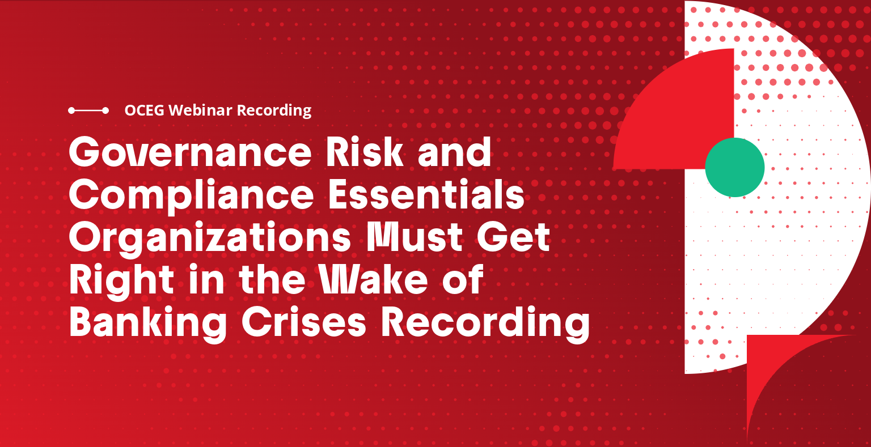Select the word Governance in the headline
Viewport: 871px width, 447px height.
pos(189,152)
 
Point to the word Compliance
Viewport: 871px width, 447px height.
pos(191,195)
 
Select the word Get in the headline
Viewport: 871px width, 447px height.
pos(514,237)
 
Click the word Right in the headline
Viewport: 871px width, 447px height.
pos(121,280)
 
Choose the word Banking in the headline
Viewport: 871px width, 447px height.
pos(148,323)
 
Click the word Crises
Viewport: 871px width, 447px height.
pos(304,322)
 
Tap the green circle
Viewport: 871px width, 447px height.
pos(734,167)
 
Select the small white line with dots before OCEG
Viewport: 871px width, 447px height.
pos(88,110)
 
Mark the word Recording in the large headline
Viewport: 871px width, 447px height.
pos(485,323)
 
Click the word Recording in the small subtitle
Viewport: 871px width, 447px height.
pos(274,110)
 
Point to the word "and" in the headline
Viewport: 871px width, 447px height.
pos(454,152)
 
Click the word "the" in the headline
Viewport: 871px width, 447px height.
pos(272,280)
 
